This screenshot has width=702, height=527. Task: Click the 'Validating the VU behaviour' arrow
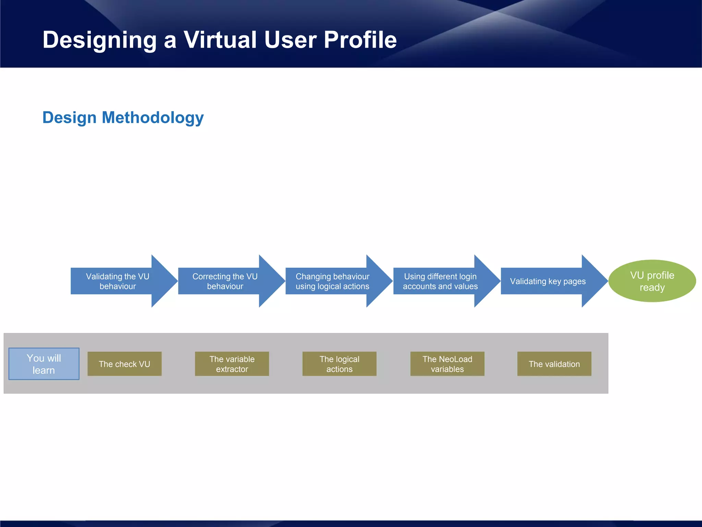click(118, 281)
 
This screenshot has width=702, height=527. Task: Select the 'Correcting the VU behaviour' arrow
click(225, 281)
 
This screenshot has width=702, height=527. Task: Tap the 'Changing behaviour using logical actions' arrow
click(332, 281)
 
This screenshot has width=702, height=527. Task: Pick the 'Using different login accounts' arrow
click(440, 281)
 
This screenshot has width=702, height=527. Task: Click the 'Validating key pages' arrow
click(548, 281)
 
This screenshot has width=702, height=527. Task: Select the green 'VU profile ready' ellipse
click(652, 281)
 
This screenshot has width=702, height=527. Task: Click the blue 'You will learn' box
click(44, 364)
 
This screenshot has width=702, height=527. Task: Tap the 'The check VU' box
click(124, 364)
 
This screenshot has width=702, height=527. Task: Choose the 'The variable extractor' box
click(232, 364)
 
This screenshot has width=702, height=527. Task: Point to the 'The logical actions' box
click(339, 364)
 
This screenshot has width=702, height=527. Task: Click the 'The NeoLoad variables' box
click(447, 364)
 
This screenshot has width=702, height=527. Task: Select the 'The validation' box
click(554, 364)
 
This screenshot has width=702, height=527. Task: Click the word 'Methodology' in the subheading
click(153, 118)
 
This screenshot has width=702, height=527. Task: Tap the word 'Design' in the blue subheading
click(70, 118)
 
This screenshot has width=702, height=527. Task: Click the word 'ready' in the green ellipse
click(652, 288)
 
